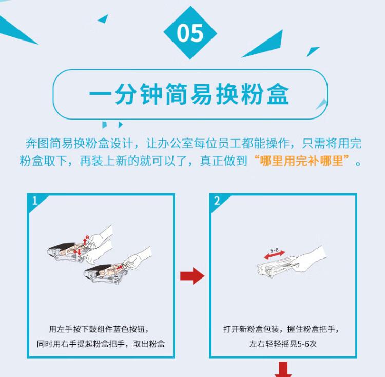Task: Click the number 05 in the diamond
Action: [x=190, y=33]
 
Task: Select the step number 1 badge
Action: [x=34, y=201]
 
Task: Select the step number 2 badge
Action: [x=217, y=201]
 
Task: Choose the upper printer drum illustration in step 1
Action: [x=67, y=251]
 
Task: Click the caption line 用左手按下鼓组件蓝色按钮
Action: [x=101, y=329]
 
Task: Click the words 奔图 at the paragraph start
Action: [x=35, y=142]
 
